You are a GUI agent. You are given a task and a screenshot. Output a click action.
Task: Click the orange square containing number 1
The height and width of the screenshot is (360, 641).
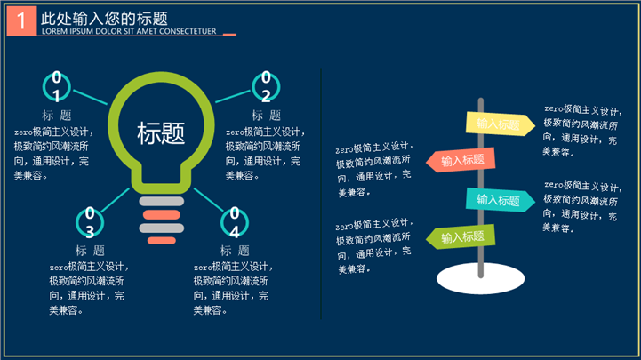click(21, 20)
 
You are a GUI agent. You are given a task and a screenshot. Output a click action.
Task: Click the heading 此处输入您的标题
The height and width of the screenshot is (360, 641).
click(104, 19)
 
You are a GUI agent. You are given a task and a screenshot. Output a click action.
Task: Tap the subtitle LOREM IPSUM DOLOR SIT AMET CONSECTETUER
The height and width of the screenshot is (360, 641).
click(129, 31)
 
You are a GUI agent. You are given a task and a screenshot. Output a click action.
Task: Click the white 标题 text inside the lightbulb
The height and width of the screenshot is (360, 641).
click(161, 133)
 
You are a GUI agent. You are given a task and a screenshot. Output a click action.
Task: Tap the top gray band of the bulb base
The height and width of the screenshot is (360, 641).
click(162, 201)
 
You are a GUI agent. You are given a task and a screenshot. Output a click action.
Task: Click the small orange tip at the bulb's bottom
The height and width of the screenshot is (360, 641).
click(162, 241)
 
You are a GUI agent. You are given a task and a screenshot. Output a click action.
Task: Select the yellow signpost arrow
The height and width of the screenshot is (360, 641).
click(500, 124)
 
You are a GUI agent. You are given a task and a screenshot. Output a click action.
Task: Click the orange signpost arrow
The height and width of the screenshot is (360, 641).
click(461, 160)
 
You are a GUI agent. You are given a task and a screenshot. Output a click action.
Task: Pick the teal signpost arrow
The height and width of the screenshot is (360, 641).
click(500, 200)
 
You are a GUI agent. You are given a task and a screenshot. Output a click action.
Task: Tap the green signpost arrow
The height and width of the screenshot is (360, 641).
click(461, 236)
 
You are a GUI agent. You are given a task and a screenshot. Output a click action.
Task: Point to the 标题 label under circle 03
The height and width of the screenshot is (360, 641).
click(90, 251)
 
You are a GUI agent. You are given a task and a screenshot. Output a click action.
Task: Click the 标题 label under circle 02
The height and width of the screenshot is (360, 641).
click(266, 116)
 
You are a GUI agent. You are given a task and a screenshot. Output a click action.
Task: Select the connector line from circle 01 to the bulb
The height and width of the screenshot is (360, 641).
click(90, 97)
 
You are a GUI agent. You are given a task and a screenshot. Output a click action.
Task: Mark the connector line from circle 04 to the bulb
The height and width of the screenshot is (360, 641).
click(209, 199)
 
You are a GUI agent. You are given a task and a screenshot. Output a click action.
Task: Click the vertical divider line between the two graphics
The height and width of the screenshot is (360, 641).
click(321, 194)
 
